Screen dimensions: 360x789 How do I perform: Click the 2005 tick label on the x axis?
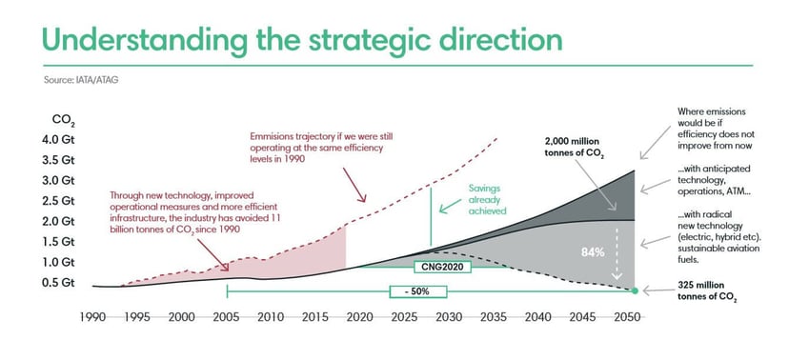coord(226,315)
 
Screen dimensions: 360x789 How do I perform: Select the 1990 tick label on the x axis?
coord(92,315)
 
